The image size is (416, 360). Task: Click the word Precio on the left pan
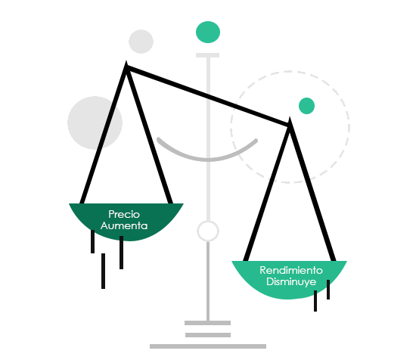pos(124,214)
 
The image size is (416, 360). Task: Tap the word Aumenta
pos(124,226)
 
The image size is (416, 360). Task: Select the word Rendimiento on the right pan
pos(291,270)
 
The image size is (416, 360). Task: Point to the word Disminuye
pos(291,282)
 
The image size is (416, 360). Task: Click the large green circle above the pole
pos(208,32)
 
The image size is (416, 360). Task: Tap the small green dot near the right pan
pos(306,106)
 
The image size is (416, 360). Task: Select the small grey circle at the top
pos(141,42)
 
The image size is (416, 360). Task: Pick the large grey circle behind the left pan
pos(95,123)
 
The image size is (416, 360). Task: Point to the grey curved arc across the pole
pos(208,160)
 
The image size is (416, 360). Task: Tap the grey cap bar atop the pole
pos(207,55)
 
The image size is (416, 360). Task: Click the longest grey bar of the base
pos(208,346)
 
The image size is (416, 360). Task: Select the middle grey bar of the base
pos(208,335)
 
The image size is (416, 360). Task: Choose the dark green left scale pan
pos(126,222)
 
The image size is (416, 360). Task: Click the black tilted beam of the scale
pos(208,96)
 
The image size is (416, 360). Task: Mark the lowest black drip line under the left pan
pos(103,271)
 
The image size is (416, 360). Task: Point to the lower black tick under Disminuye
pos(315,301)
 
